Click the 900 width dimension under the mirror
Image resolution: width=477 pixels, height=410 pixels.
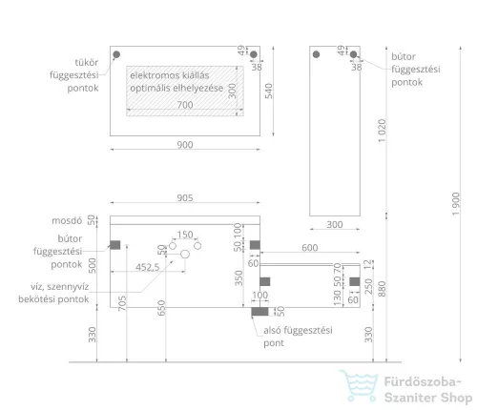tap(185, 145)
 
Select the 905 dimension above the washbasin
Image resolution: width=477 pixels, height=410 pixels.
tap(185, 197)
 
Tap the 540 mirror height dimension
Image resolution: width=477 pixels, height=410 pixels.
tap(269, 91)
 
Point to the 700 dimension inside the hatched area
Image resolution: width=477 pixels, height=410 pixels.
tap(185, 105)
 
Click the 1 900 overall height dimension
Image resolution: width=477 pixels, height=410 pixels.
tap(456, 204)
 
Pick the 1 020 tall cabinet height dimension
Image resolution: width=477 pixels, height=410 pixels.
tap(382, 131)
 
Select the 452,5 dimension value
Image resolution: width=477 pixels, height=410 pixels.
tap(148, 267)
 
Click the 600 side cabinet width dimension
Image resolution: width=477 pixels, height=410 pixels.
tap(310, 248)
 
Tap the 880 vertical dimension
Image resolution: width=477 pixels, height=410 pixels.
tap(382, 289)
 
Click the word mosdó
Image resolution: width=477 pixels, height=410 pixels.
tap(67, 220)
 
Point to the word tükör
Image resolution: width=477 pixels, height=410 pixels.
tap(87, 62)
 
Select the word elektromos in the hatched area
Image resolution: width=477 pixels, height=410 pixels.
tap(150, 75)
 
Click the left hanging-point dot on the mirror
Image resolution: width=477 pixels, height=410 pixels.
tap(116, 54)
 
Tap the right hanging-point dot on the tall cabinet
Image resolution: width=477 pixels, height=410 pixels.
tap(353, 54)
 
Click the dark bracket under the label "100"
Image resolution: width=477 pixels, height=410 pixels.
tap(259, 312)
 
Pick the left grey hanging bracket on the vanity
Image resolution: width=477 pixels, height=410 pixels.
tap(115, 245)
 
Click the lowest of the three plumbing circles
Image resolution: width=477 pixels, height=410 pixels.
tap(185, 254)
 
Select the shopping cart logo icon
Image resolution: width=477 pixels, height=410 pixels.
tap(359, 385)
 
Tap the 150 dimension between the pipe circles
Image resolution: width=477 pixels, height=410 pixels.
tap(185, 235)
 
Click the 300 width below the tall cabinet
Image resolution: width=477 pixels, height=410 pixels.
tap(335, 224)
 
